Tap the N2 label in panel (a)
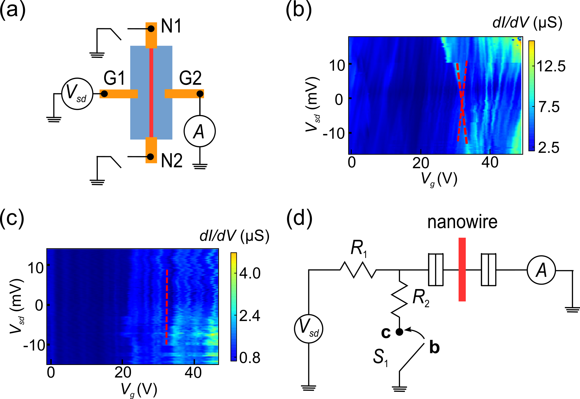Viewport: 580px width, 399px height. (172, 161)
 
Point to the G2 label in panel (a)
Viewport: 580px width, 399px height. (190, 78)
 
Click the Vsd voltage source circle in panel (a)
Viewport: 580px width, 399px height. (77, 94)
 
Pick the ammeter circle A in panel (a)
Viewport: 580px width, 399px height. (200, 131)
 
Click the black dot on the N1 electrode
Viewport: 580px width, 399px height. (151, 29)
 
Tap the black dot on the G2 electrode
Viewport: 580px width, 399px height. (200, 94)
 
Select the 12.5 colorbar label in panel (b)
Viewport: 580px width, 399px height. (551, 66)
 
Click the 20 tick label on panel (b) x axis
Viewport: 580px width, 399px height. (420, 163)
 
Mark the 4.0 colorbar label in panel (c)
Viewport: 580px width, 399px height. (250, 273)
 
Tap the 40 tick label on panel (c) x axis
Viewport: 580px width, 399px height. (193, 373)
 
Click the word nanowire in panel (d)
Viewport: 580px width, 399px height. (462, 222)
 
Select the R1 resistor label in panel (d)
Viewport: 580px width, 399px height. (359, 248)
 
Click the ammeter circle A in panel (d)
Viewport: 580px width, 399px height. (541, 270)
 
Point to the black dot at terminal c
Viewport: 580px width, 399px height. (399, 332)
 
